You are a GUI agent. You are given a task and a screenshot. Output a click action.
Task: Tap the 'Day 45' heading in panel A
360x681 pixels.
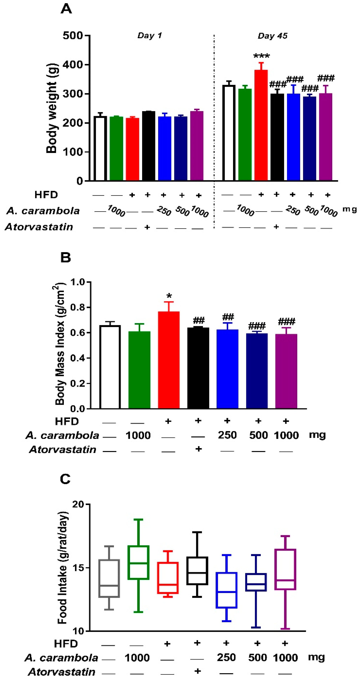coord(272,36)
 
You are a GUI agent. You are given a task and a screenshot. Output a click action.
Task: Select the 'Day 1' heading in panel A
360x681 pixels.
coord(150,35)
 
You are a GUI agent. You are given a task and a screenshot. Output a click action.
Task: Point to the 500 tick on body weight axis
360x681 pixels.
coord(73,35)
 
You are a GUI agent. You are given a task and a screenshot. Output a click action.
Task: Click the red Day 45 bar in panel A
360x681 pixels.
coord(261,126)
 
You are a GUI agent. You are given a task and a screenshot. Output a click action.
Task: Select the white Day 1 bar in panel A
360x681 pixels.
coord(100,148)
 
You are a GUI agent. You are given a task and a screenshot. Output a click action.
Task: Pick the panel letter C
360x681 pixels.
coord(65,479)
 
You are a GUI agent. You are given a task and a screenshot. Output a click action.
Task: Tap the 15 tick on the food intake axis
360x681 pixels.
coord(78,568)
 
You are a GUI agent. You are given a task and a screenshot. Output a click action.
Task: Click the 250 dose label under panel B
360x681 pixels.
coord(227,435)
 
